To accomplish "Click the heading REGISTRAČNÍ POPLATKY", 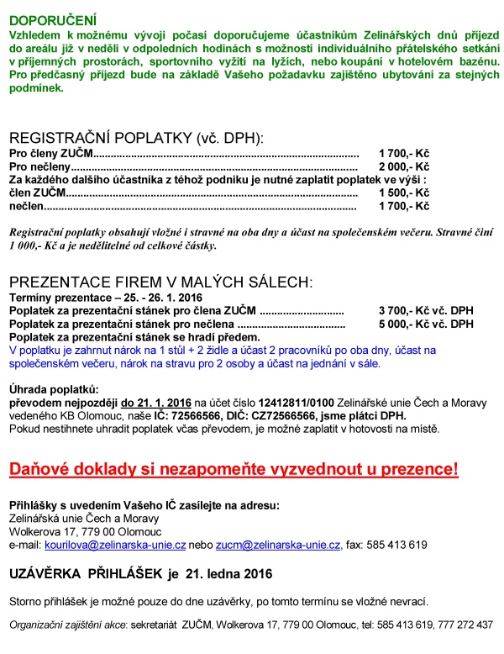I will coord(136,139).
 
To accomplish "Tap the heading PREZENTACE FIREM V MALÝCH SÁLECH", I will coord(160,281).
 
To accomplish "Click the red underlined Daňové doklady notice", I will coord(234,470).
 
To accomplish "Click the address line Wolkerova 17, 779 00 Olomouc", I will coord(75,531).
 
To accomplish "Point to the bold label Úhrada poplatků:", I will coord(53,390).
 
